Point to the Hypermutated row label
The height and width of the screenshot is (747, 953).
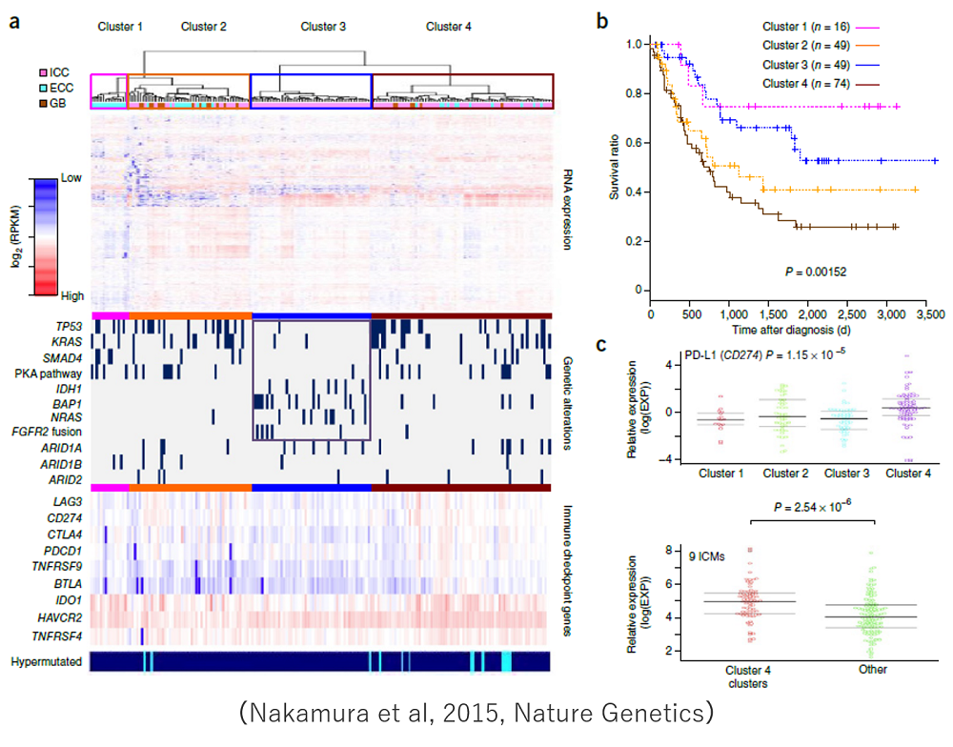coord(44,661)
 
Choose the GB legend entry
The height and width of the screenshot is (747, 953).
coord(55,102)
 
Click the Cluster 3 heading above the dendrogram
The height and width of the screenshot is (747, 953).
coord(323,26)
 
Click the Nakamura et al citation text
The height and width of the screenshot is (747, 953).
coord(476,712)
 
